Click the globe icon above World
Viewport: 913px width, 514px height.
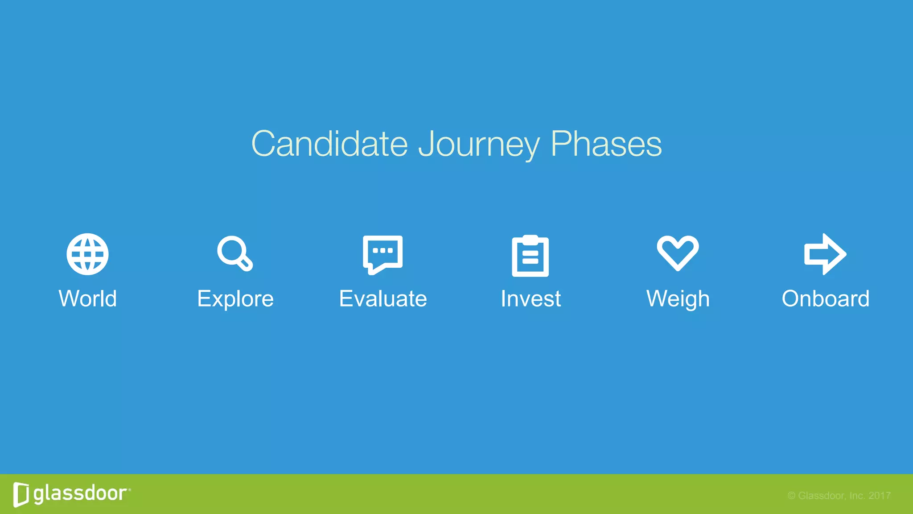coord(87,254)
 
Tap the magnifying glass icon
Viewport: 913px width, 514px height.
coord(234,253)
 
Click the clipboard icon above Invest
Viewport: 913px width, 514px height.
coord(530,256)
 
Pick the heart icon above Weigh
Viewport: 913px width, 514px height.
coord(678,253)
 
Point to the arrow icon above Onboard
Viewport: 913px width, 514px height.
coord(825,254)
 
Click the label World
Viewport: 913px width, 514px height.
coord(88,298)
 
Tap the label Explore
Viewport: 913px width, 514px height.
coord(235,298)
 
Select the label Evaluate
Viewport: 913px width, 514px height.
coord(383,298)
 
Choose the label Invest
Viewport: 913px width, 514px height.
coord(531,298)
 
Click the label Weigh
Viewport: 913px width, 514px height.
coord(678,298)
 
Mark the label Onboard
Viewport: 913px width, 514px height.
coord(825,298)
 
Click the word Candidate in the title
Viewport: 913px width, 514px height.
coord(329,144)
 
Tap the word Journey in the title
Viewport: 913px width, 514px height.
coord(479,145)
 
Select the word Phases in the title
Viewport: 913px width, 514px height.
coord(606,144)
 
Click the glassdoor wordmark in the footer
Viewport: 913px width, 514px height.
coord(81,493)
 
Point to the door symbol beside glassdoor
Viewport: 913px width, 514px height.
coord(21,494)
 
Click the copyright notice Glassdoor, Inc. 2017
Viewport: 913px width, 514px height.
coord(839,496)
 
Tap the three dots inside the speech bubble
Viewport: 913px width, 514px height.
coord(382,250)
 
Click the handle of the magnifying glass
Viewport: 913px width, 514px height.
coord(246,264)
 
